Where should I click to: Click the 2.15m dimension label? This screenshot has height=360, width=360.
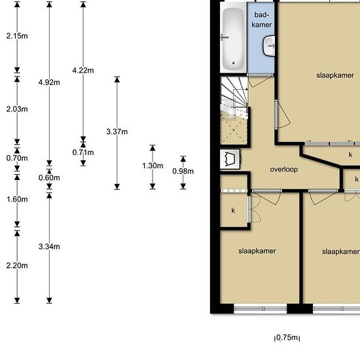point(17,36)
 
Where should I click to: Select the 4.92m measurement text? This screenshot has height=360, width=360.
point(49,82)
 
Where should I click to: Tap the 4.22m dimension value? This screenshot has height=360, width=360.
point(83,70)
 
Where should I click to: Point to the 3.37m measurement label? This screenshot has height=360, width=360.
point(117,132)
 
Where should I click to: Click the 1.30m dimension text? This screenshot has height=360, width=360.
point(153,166)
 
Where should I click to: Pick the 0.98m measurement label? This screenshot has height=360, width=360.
point(183,171)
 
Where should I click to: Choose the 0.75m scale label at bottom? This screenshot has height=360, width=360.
point(287,338)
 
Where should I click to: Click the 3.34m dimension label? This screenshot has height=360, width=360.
point(49,247)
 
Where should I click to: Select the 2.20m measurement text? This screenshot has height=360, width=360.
point(17,266)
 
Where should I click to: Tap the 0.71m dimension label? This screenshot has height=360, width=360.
point(83,153)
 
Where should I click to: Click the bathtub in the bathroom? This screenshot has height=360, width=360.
point(233,38)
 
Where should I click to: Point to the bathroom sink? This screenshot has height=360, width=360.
point(269,46)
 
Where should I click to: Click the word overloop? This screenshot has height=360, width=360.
point(284,170)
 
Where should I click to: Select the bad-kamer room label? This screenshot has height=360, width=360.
point(262,20)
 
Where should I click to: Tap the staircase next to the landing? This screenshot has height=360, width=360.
point(234,110)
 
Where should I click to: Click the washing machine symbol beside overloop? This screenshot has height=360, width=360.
point(230,159)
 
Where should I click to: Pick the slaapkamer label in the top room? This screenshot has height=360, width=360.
point(335,75)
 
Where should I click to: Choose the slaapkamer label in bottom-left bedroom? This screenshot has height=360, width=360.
point(257,251)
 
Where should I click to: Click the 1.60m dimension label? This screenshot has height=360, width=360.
point(17,199)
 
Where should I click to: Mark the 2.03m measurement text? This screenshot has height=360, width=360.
point(17,109)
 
